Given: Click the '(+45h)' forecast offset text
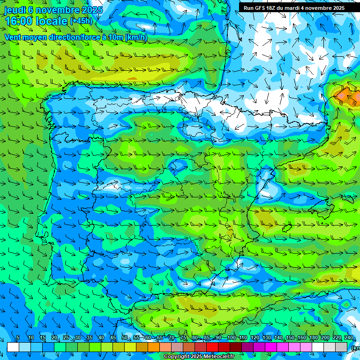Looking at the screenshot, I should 81,21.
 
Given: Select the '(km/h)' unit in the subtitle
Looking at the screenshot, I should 136,37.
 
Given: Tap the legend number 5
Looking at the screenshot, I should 18,338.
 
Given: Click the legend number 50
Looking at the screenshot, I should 125,338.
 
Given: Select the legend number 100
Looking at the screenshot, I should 231,338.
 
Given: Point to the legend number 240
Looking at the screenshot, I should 349,338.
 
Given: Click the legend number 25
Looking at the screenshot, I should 66,338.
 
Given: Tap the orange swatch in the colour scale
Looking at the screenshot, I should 154,347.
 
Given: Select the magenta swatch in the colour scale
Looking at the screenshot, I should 271,347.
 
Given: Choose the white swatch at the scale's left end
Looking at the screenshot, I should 13,347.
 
